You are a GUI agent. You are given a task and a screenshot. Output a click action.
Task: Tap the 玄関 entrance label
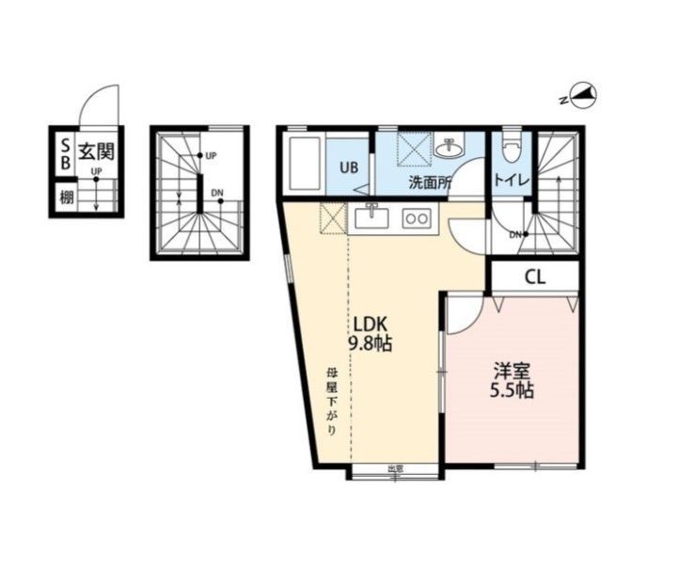pyautogui.click(x=96, y=151)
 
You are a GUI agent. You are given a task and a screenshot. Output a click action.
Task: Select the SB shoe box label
pyautogui.click(x=65, y=154)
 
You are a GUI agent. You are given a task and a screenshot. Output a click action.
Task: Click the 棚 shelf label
pyautogui.click(x=67, y=197)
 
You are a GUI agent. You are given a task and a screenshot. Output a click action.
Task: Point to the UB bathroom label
pyautogui.click(x=349, y=167)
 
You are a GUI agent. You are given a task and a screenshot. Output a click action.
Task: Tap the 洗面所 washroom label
pyautogui.click(x=430, y=182)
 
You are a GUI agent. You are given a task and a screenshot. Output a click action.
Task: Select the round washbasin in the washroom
pyautogui.click(x=450, y=149)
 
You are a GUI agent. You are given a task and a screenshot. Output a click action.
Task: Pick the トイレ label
pyautogui.click(x=512, y=181)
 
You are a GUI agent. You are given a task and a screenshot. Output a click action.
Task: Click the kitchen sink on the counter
pyautogui.click(x=371, y=217)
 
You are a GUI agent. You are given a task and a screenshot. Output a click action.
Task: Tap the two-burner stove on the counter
pyautogui.click(x=417, y=218)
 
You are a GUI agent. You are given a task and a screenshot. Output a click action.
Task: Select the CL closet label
pyautogui.click(x=535, y=277)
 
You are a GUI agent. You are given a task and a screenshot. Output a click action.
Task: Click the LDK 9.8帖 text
pyautogui.click(x=371, y=333)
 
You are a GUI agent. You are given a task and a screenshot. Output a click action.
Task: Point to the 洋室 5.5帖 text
pyautogui.click(x=512, y=381)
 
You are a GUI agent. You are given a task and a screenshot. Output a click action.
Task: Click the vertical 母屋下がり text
pyautogui.click(x=331, y=402)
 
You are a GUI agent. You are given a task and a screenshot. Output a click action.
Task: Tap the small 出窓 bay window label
pyautogui.click(x=395, y=467)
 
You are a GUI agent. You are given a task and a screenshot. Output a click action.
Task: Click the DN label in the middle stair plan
pyautogui.click(x=217, y=193)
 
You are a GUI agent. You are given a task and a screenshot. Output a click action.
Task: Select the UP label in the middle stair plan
pyautogui.click(x=212, y=156)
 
